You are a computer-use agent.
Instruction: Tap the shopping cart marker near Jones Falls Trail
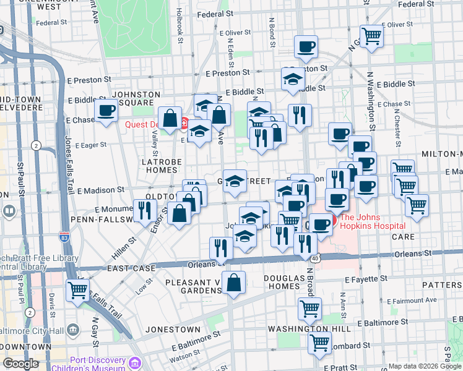[x=78, y=289]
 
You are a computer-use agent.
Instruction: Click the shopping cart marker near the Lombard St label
[x=319, y=341]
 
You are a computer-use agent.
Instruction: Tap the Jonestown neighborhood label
[x=173, y=330]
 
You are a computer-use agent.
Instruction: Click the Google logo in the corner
[x=21, y=364]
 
